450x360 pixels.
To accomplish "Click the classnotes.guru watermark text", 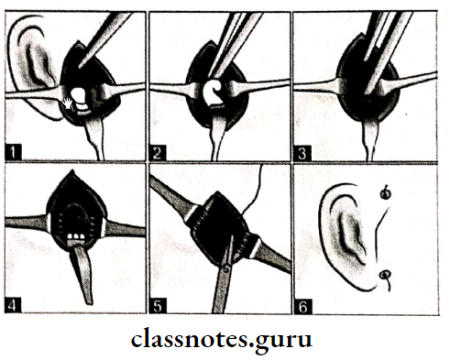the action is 224,338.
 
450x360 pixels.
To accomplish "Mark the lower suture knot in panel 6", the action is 386,274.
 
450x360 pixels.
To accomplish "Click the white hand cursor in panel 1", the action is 70,103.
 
